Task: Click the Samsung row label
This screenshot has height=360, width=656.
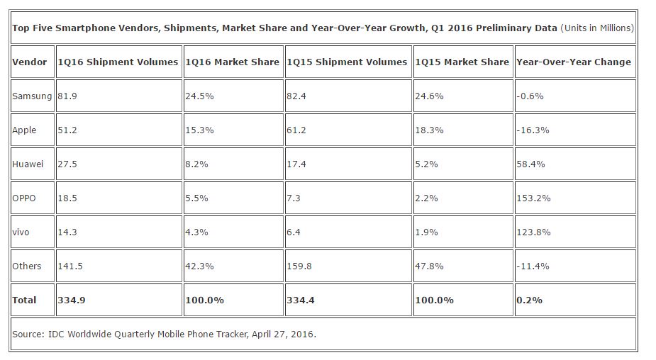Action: coord(32,96)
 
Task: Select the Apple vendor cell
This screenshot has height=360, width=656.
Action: coord(25,130)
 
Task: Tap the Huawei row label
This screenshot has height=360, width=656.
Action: coord(28,164)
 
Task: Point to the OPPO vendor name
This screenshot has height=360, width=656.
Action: coord(24,198)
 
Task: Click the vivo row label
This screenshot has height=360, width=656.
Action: coord(21,232)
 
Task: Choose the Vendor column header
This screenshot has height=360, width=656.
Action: coord(29,62)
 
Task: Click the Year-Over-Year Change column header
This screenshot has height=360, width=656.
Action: coord(574,62)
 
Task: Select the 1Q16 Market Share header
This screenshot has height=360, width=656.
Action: coord(232,62)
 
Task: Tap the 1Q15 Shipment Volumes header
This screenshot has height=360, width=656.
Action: coord(347,62)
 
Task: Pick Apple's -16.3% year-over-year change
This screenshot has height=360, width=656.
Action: coord(533,130)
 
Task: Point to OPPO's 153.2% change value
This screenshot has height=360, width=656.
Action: coord(533,198)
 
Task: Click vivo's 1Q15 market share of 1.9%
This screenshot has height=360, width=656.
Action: coord(427,232)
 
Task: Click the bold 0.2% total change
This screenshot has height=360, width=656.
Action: coord(530,300)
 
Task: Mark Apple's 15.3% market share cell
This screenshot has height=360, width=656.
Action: coord(196,130)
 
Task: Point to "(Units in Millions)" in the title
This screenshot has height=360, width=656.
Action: coord(597,28)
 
